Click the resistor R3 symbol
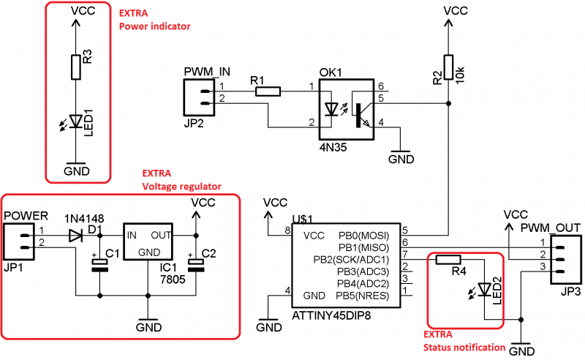(x=75, y=67)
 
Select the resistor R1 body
(x=268, y=91)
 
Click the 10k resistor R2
(x=449, y=67)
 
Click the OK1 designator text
(x=330, y=74)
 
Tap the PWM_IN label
(x=207, y=72)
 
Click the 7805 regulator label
(x=174, y=280)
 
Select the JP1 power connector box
(x=19, y=241)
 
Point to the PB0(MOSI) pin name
(x=363, y=236)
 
